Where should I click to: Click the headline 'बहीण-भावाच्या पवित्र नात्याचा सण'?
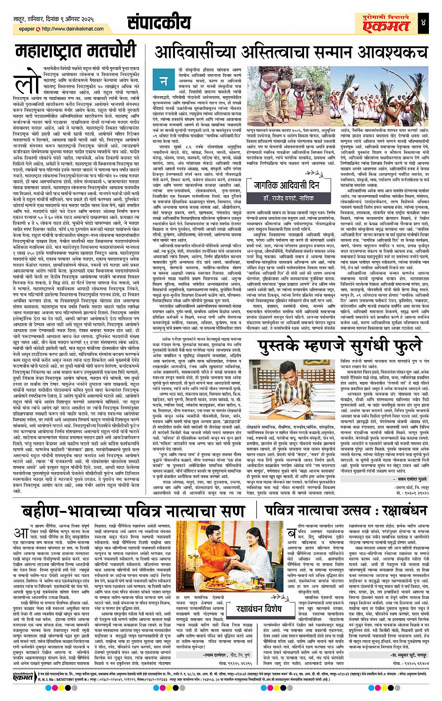coord(127,510)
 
